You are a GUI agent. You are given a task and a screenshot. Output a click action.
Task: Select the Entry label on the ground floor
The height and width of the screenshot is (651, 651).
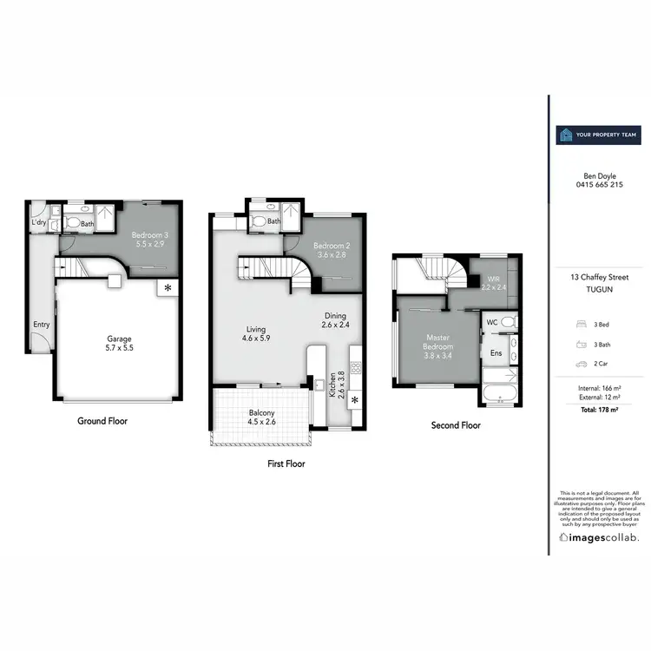click(x=41, y=325)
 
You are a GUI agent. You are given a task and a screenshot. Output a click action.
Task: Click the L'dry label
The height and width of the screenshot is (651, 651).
click(x=38, y=223)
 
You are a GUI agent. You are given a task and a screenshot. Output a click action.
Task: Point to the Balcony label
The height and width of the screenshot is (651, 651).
click(x=261, y=418)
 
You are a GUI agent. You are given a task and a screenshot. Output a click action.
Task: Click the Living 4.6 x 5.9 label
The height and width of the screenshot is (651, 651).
click(x=255, y=334)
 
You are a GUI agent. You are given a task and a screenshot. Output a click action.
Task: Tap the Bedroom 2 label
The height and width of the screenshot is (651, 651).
click(x=330, y=250)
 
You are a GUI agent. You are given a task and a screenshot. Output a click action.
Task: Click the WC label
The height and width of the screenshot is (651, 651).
click(x=492, y=322)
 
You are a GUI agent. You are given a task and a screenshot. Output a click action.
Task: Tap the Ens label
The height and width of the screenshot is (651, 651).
click(x=496, y=353)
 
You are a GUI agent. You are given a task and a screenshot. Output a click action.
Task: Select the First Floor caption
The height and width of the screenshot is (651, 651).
click(x=286, y=464)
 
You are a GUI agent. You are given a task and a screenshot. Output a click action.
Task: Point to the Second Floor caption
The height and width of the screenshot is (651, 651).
click(x=456, y=425)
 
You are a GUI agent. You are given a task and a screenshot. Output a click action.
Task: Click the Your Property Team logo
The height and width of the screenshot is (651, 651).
click(x=597, y=135)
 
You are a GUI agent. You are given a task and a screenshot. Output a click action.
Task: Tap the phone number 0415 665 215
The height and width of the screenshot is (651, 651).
click(x=599, y=185)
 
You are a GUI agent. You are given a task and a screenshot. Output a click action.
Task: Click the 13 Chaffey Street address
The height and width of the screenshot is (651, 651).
click(x=599, y=277)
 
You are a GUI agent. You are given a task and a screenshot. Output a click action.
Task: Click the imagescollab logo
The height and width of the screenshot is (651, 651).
click(x=599, y=538)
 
